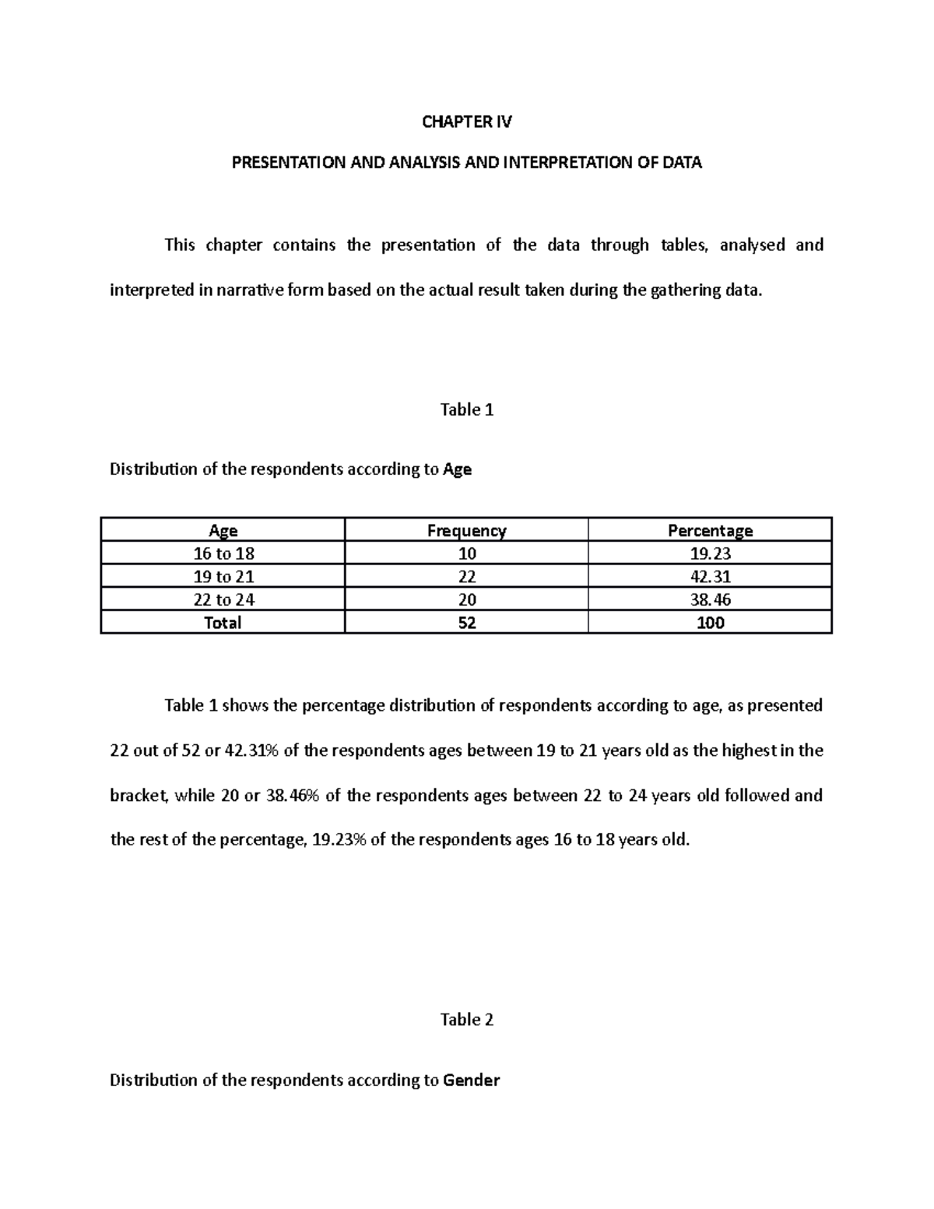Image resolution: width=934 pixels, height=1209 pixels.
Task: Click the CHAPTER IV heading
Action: (x=467, y=121)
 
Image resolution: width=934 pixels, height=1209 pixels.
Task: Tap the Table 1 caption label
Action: (x=467, y=409)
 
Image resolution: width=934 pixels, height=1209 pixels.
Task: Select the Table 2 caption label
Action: (x=467, y=1020)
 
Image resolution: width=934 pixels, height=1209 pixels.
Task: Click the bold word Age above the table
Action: (x=457, y=469)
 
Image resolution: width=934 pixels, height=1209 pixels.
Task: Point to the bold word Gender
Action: (x=471, y=1081)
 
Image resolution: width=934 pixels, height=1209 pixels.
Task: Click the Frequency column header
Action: (x=467, y=531)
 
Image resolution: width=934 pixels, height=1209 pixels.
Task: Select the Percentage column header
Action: (x=710, y=531)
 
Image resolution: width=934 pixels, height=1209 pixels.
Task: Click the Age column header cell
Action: (x=223, y=531)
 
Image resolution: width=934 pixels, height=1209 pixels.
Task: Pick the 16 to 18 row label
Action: (x=223, y=554)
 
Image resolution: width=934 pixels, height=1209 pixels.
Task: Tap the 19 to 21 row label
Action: (x=223, y=577)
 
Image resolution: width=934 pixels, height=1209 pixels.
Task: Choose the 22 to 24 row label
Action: (x=223, y=599)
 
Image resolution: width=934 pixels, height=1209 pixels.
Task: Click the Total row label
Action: (x=223, y=623)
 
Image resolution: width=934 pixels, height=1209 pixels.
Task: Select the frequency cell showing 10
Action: (x=467, y=554)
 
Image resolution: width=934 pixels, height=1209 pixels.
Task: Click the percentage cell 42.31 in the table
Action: (x=710, y=577)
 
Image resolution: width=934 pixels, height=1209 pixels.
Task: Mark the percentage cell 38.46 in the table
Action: (x=710, y=599)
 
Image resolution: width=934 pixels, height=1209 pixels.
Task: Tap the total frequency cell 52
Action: (x=467, y=623)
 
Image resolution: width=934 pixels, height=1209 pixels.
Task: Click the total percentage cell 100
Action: (x=710, y=623)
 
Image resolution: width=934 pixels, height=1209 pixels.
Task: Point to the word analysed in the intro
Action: (x=752, y=246)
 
